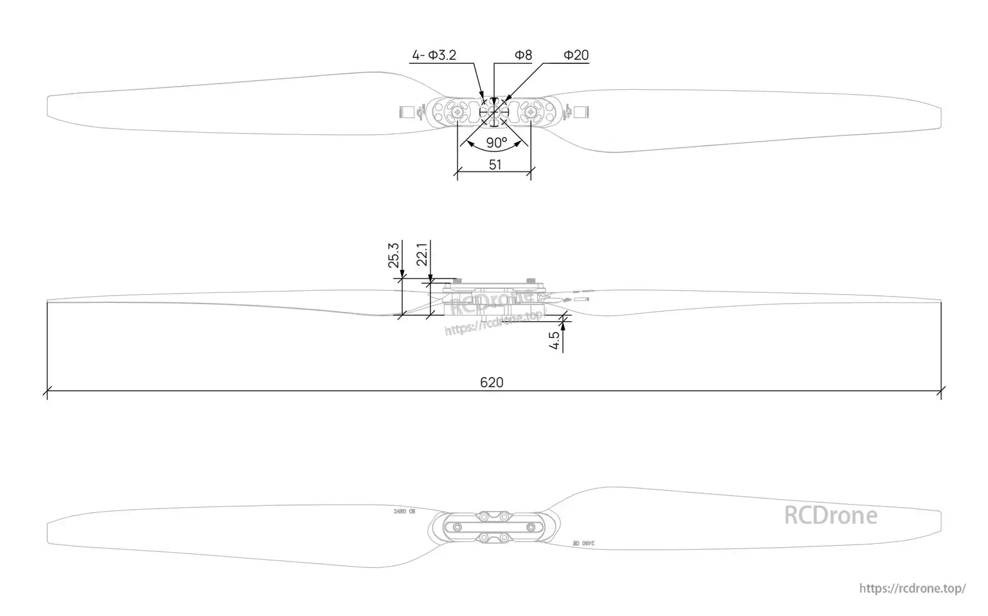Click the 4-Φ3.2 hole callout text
tap(434, 56)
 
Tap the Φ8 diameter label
tap(523, 56)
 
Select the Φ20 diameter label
tap(575, 56)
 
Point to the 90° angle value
tap(497, 142)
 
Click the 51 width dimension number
tap(495, 164)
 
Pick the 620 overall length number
tap(492, 382)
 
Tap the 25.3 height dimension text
tap(394, 256)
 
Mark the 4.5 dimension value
tap(554, 340)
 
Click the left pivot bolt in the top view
tap(458, 113)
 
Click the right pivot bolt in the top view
tap(531, 113)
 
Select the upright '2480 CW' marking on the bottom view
tap(403, 510)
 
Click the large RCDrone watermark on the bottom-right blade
tap(830, 515)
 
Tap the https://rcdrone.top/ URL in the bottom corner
tap(912, 589)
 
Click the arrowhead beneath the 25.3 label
tap(402, 273)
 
